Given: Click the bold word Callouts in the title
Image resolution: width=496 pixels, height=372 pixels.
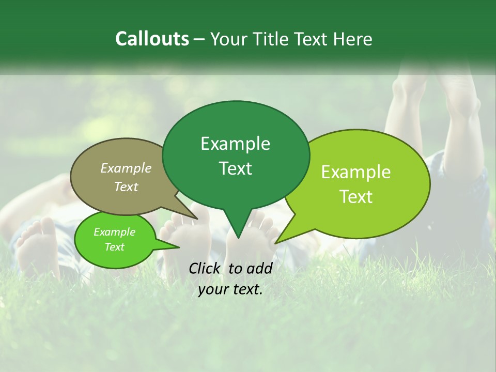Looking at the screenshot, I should [x=152, y=39].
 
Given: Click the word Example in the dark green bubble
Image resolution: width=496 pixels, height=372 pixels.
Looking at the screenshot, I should [x=235, y=144].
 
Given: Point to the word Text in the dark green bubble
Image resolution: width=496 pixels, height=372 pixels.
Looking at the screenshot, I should [x=235, y=168].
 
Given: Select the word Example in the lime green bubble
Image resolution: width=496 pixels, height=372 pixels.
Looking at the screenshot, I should [x=356, y=172].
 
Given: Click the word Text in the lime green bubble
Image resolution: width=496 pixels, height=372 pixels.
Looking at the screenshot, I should [x=356, y=197].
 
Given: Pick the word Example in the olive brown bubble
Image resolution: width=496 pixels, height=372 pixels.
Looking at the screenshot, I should [x=126, y=168].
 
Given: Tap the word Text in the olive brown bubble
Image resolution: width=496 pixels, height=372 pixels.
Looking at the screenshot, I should [x=126, y=187].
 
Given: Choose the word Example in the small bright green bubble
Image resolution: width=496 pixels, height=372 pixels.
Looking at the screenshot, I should [x=114, y=232].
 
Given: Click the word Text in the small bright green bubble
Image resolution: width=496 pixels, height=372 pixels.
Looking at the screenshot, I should [x=114, y=246].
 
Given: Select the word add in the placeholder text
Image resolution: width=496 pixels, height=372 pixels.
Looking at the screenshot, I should [x=259, y=268].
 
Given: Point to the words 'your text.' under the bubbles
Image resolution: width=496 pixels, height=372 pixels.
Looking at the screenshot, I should [x=230, y=289].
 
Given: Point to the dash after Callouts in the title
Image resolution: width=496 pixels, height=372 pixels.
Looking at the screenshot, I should [x=200, y=39].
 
